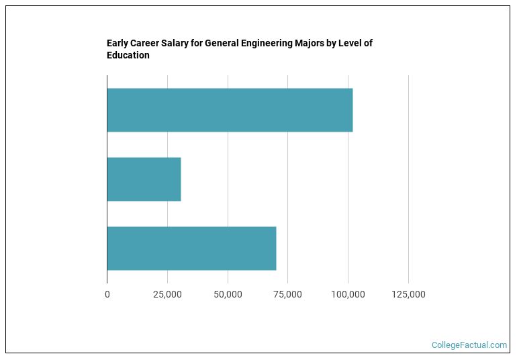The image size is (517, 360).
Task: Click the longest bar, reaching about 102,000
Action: (x=230, y=110)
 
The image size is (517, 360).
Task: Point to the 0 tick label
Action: (x=107, y=295)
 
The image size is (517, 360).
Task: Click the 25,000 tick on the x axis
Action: (x=167, y=295)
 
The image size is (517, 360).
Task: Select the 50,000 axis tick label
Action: (x=228, y=295)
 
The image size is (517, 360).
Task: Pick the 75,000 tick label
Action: (x=287, y=295)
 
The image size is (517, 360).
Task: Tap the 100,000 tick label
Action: (x=348, y=295)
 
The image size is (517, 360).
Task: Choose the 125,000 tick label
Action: (x=408, y=295)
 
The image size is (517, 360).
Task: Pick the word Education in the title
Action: (x=128, y=56)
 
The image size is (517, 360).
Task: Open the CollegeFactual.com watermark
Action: (x=469, y=345)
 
